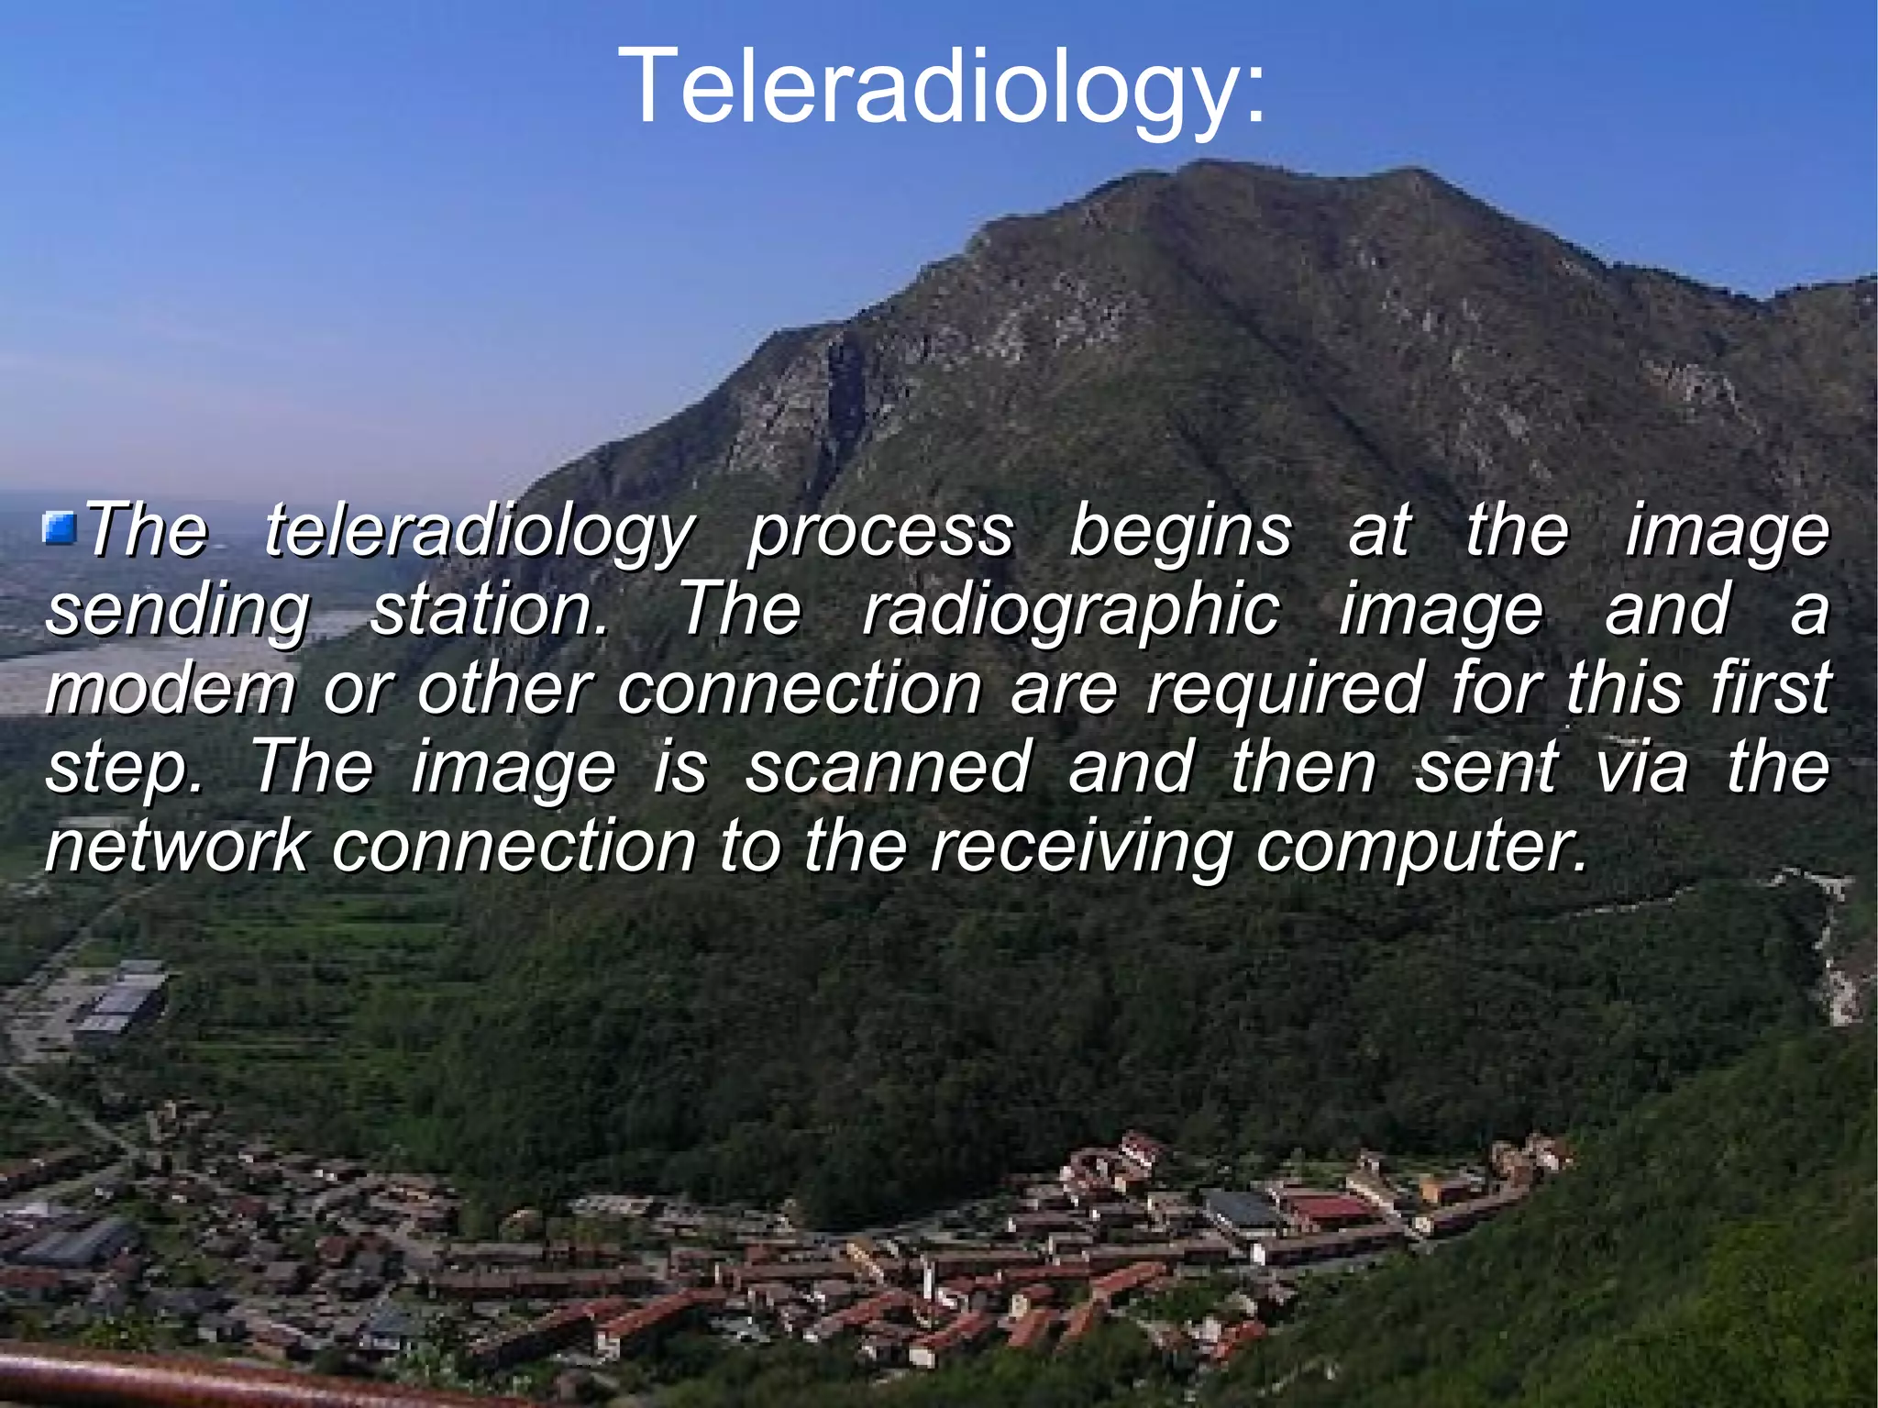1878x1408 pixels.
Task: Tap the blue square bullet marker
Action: (61, 529)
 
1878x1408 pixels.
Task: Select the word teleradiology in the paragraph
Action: (479, 532)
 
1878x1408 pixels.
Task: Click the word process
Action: (881, 532)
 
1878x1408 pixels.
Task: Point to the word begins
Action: (1180, 532)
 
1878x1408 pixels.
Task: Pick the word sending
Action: (178, 612)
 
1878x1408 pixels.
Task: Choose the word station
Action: (489, 610)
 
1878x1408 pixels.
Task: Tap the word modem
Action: (171, 689)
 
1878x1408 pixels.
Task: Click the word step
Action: (124, 769)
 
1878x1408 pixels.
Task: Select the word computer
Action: (1420, 848)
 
